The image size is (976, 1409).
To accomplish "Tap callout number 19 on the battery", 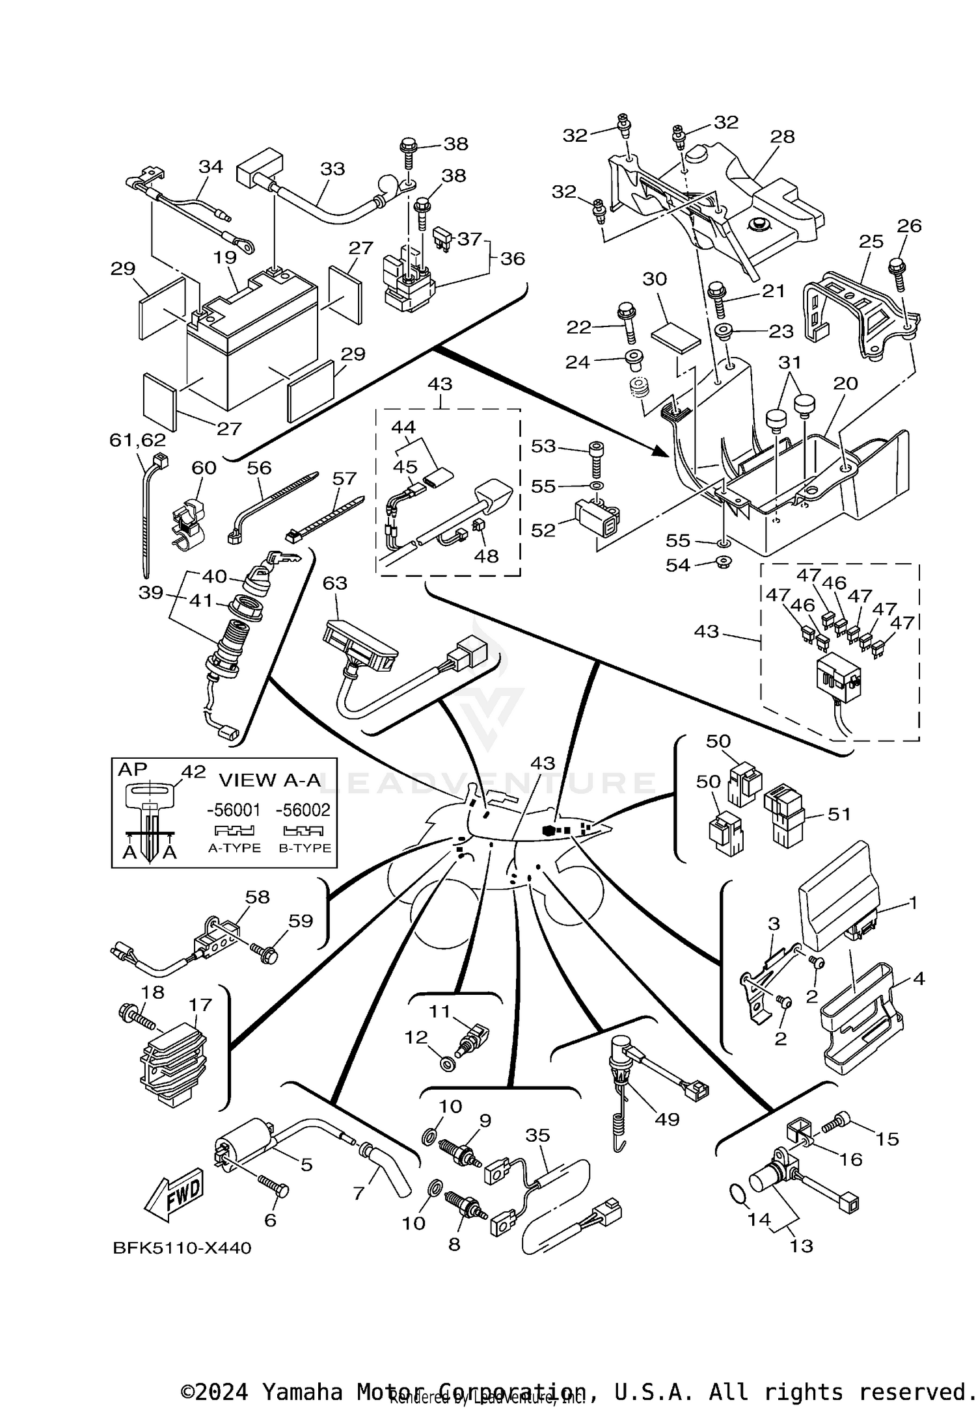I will pyautogui.click(x=225, y=257).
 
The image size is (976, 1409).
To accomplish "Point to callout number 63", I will pyautogui.click(x=335, y=583).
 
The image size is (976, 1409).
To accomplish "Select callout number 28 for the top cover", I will pyautogui.click(x=783, y=137).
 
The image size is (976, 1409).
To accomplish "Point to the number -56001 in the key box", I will pyautogui.click(x=234, y=810).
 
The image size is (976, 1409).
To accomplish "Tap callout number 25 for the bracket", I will pyautogui.click(x=871, y=241).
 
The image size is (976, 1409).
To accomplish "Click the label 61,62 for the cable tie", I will pyautogui.click(x=137, y=441).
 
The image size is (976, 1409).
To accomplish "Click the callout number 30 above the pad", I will pyautogui.click(x=655, y=279).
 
